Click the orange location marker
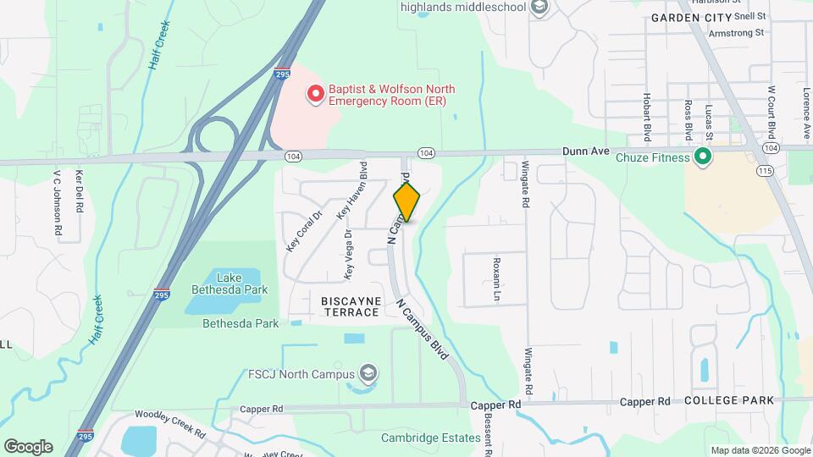[x=406, y=201]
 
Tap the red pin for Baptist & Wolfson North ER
[x=316, y=93]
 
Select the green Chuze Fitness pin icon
[x=701, y=157]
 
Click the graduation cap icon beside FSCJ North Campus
[x=368, y=372]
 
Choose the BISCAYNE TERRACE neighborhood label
[x=351, y=306]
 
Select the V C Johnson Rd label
[x=58, y=204]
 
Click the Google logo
[x=28, y=446]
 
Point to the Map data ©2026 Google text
[x=759, y=450]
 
